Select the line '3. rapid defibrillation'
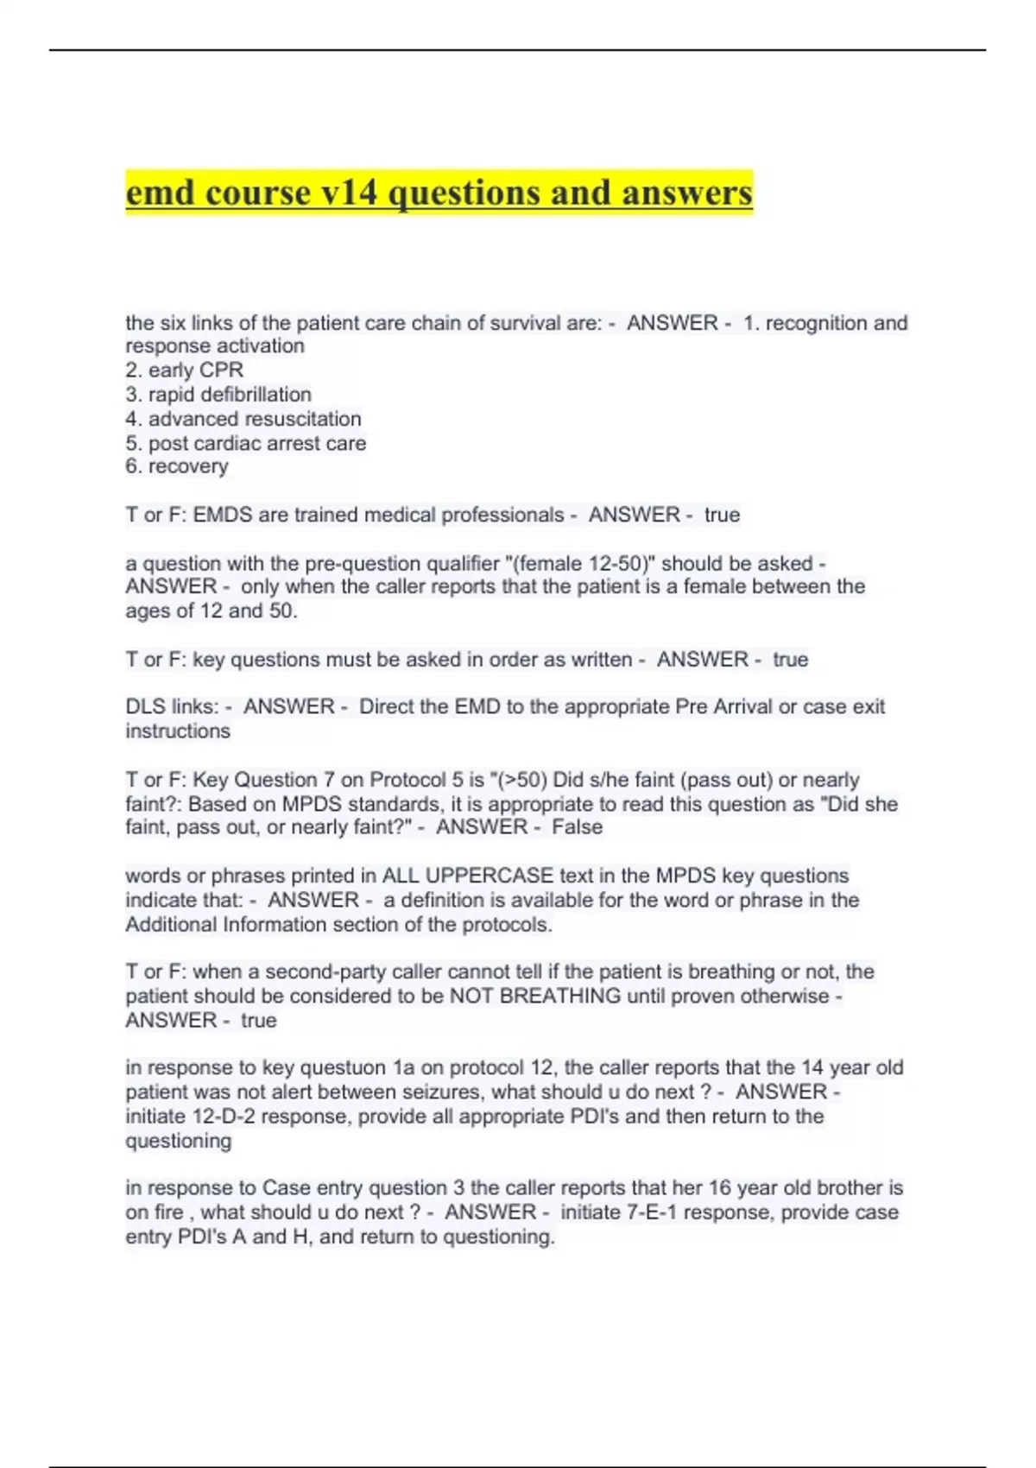218,395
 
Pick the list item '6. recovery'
177,466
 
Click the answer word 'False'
577,827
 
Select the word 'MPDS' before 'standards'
312,804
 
